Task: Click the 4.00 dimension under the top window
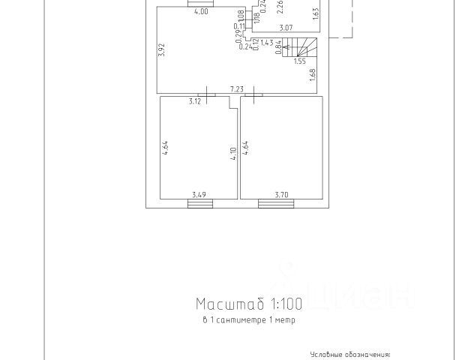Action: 201,11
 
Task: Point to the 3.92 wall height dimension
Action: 161,50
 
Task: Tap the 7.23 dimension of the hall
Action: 238,88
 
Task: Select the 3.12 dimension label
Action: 195,100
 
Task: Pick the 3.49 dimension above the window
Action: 199,195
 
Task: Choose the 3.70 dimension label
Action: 281,195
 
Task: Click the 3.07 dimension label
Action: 285,28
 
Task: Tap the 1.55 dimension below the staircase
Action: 299,62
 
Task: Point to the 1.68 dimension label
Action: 312,75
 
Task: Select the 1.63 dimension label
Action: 316,13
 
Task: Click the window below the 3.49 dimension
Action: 199,202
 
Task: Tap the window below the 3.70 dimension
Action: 277,202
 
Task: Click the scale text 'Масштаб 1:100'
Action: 248,304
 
